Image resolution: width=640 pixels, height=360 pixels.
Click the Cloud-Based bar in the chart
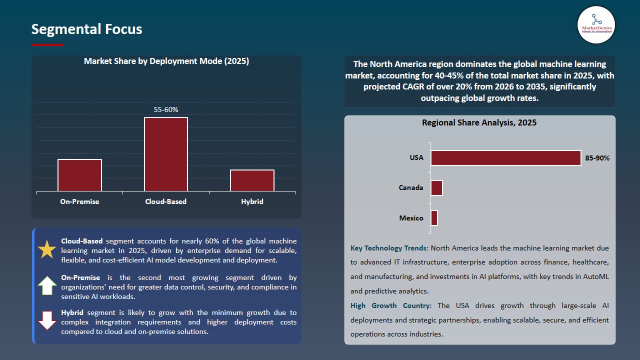click(166, 154)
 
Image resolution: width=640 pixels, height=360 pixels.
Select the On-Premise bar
click(79, 175)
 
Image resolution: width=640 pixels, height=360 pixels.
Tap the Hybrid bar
click(252, 180)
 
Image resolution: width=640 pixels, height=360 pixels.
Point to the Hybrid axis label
click(252, 201)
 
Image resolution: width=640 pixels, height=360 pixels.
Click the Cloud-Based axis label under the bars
click(165, 201)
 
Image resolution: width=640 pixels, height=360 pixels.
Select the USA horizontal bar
click(505, 158)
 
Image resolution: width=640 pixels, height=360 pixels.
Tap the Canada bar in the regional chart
click(436, 188)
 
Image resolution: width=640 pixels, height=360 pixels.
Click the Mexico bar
click(434, 218)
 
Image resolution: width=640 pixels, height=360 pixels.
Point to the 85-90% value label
click(597, 158)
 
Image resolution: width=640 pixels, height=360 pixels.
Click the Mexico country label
click(411, 218)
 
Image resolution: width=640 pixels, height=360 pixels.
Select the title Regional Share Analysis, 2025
click(479, 122)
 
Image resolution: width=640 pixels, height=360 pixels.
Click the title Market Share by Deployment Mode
click(166, 61)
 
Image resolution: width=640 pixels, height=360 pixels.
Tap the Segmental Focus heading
click(86, 29)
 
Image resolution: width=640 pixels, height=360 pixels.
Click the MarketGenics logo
click(596, 24)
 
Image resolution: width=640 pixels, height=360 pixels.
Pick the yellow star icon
click(47, 249)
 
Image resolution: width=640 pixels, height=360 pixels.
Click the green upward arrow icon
click(47, 285)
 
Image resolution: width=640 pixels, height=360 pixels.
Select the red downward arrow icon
click(47, 320)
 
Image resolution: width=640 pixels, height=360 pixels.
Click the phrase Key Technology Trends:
click(389, 248)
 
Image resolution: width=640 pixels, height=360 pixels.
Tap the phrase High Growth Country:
click(392, 305)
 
